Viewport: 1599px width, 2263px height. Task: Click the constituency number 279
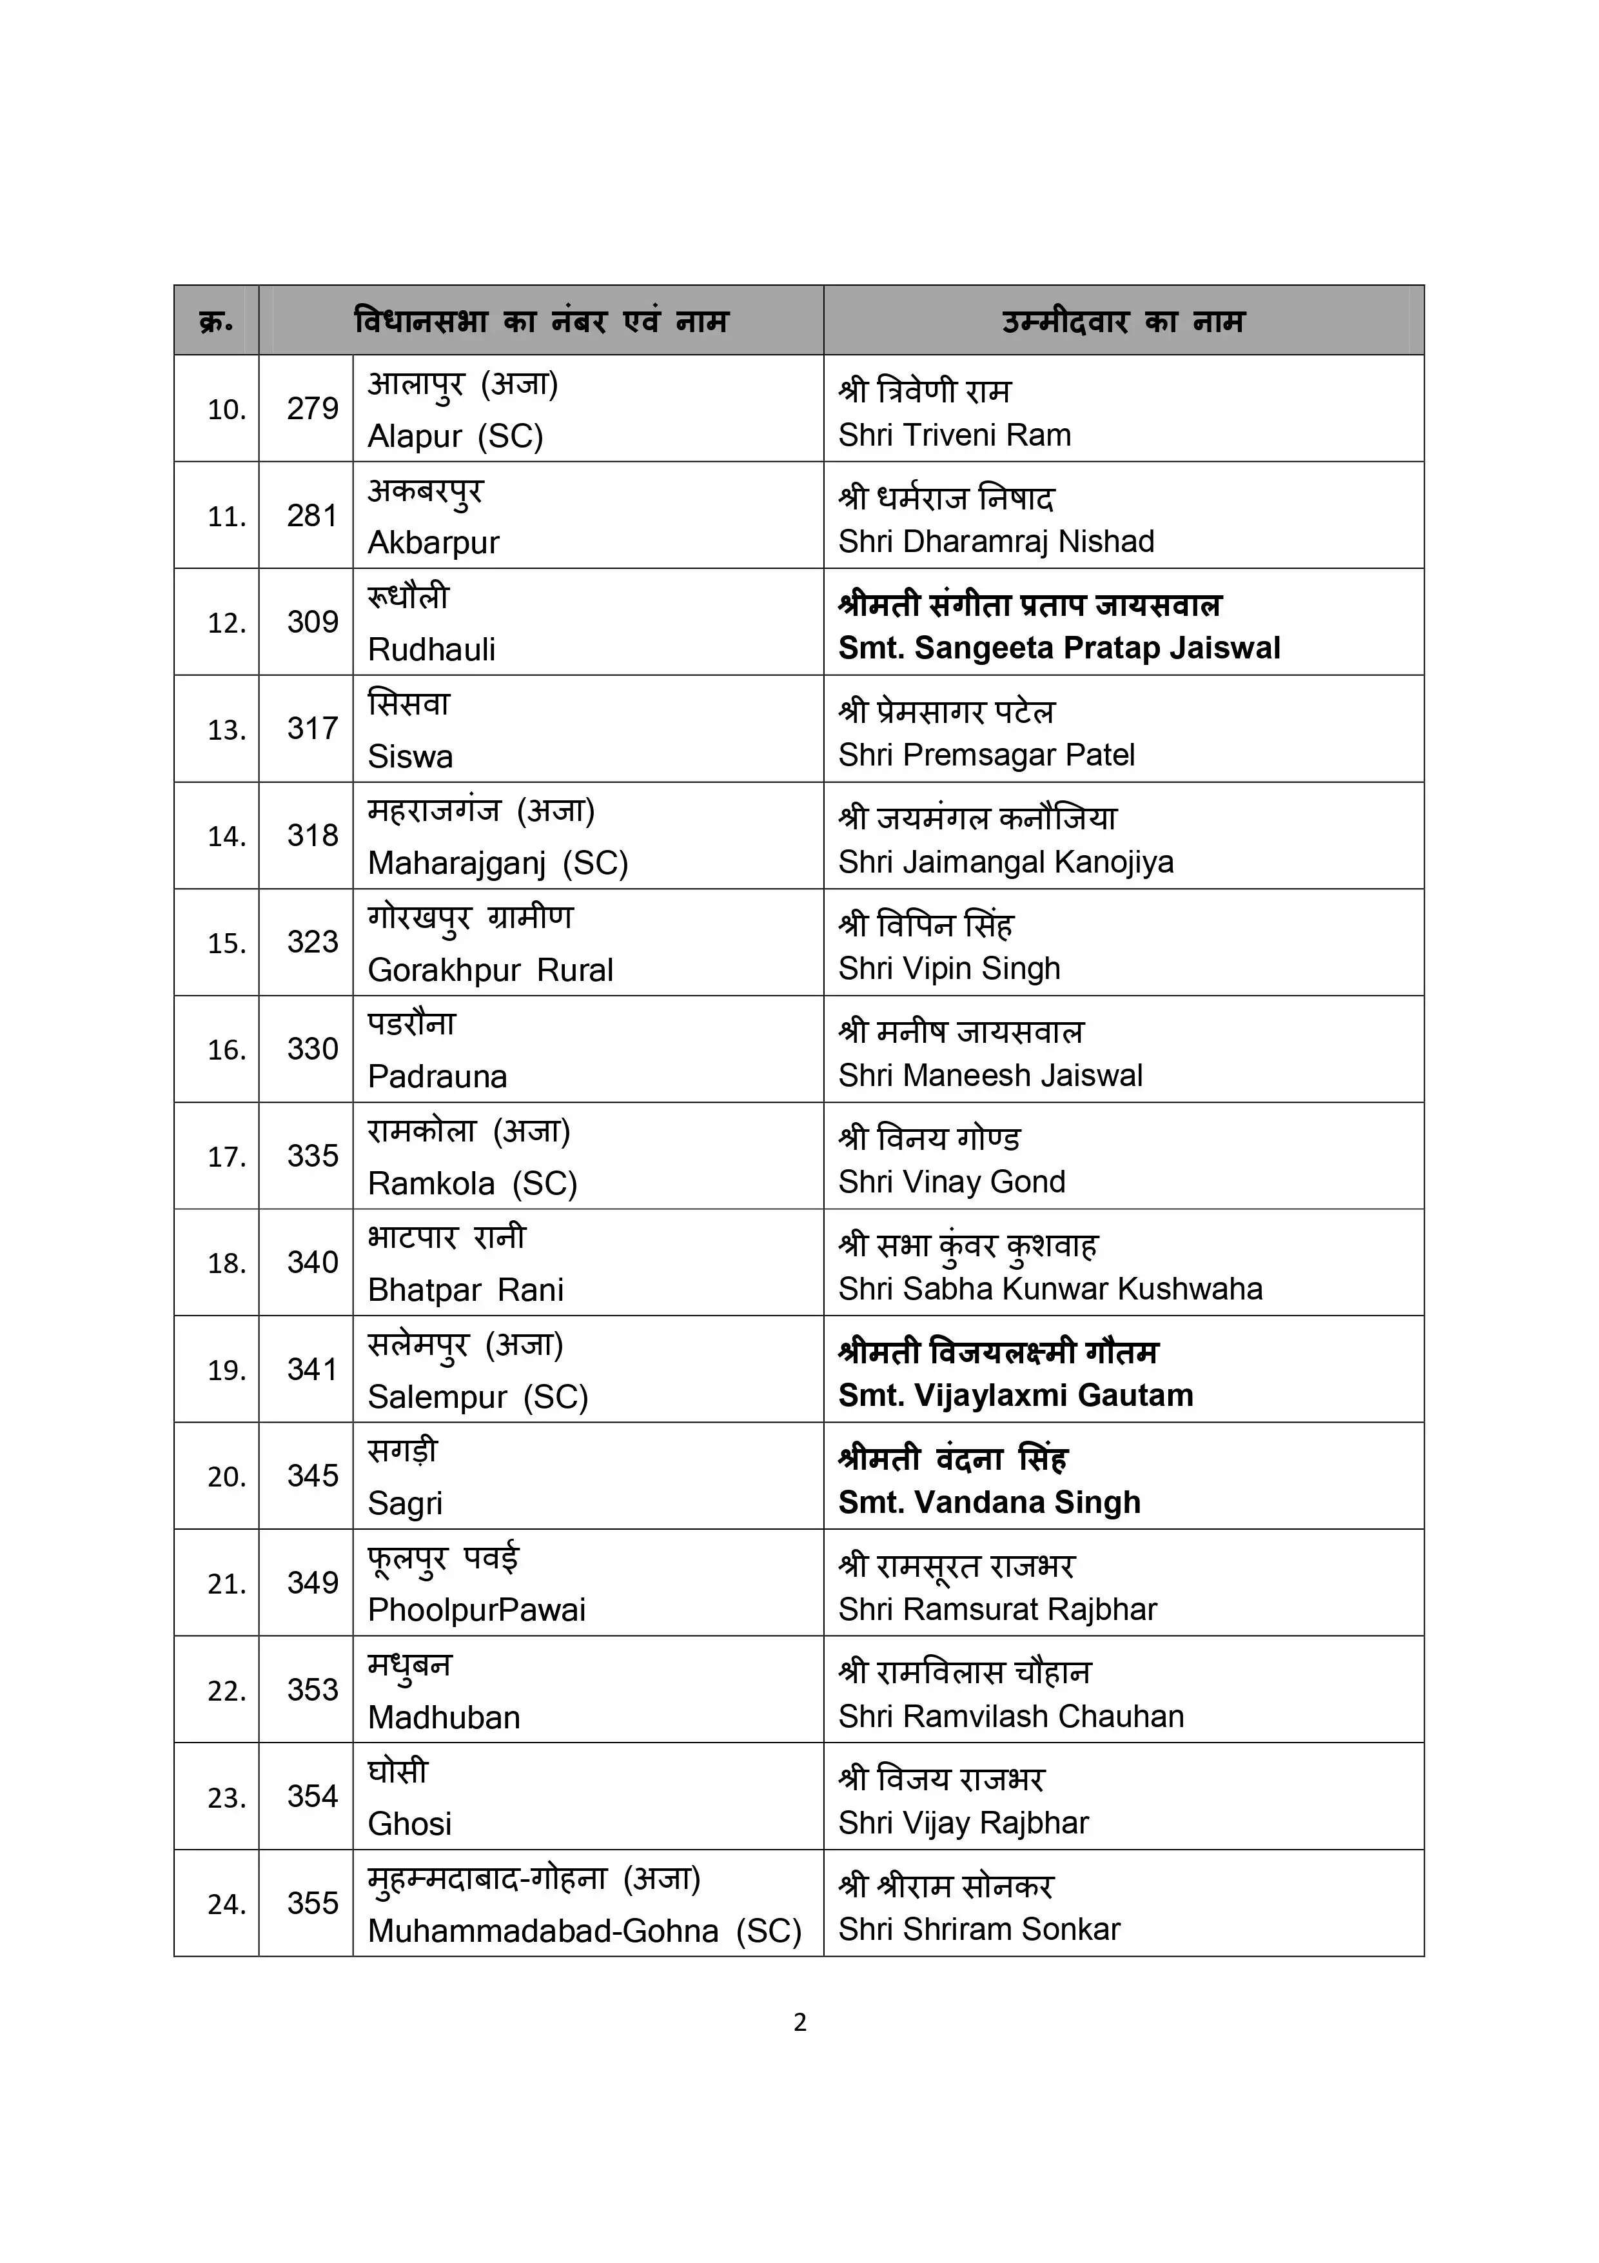(x=312, y=408)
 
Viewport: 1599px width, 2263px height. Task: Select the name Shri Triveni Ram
(x=954, y=435)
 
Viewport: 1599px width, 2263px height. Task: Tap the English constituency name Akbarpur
(x=433, y=542)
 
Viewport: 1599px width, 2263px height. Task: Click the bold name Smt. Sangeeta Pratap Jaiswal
(x=1059, y=647)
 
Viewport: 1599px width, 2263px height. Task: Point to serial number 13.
(x=226, y=729)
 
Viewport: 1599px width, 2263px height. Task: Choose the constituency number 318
(x=312, y=835)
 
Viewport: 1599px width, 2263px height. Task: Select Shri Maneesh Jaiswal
(x=990, y=1074)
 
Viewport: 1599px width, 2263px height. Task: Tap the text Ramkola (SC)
(x=472, y=1183)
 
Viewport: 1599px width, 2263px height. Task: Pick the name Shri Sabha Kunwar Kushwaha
(x=1050, y=1289)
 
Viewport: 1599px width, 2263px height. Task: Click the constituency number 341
(x=312, y=1369)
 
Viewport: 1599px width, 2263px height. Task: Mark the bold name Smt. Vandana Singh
(x=989, y=1502)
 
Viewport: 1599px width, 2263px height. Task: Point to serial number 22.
(x=226, y=1690)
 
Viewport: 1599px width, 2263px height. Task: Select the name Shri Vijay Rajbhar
(x=963, y=1823)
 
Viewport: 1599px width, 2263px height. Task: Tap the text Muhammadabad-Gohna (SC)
(x=584, y=1930)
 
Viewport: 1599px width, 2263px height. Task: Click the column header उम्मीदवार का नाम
(x=1123, y=321)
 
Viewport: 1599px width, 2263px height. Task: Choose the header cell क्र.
(x=216, y=321)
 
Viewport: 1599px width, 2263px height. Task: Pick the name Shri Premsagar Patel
(x=986, y=755)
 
